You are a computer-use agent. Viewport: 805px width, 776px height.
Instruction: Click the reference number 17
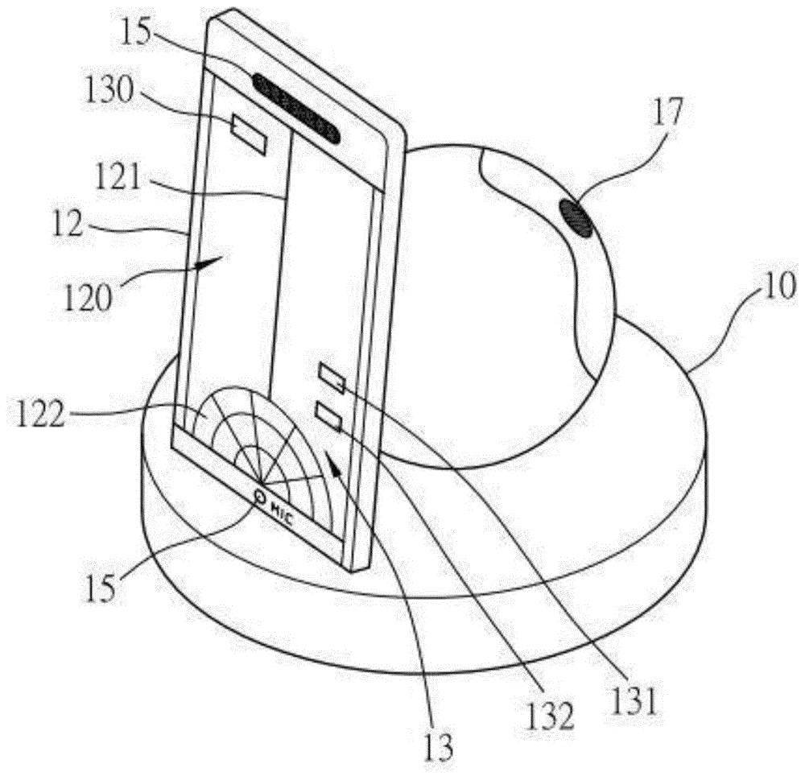(x=668, y=112)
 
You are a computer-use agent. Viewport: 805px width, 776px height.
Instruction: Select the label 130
(x=109, y=90)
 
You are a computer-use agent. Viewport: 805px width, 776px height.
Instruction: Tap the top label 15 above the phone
(x=135, y=32)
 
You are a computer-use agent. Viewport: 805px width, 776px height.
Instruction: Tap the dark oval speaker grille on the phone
(x=295, y=107)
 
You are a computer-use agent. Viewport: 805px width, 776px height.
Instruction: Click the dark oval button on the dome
(x=576, y=218)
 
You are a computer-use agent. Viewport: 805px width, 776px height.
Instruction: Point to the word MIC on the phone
(x=282, y=514)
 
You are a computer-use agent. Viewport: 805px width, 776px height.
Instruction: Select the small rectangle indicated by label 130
(x=250, y=134)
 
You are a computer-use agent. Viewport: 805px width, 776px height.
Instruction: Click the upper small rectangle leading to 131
(x=332, y=378)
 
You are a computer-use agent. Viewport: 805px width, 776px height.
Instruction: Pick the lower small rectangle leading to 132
(x=328, y=416)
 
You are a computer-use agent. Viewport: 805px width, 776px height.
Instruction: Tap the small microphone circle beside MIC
(x=260, y=497)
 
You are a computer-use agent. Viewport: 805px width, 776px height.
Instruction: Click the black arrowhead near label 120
(x=208, y=262)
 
